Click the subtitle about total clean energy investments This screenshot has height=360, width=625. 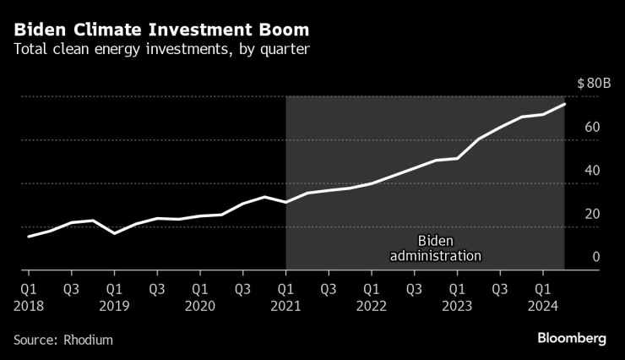pyautogui.click(x=161, y=49)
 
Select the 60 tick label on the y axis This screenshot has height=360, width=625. pyautogui.click(x=591, y=128)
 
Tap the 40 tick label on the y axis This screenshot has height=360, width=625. pyautogui.click(x=591, y=171)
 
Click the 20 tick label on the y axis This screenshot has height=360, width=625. pyautogui.click(x=591, y=214)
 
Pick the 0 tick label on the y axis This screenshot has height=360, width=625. pyautogui.click(x=595, y=257)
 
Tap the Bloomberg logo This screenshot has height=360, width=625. pyautogui.click(x=572, y=338)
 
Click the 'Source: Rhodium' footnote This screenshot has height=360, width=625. pyautogui.click(x=63, y=339)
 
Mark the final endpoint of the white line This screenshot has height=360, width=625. pyautogui.click(x=564, y=104)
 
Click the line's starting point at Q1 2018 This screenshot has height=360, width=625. pyautogui.click(x=29, y=237)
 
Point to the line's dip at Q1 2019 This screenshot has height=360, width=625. pyautogui.click(x=114, y=232)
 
